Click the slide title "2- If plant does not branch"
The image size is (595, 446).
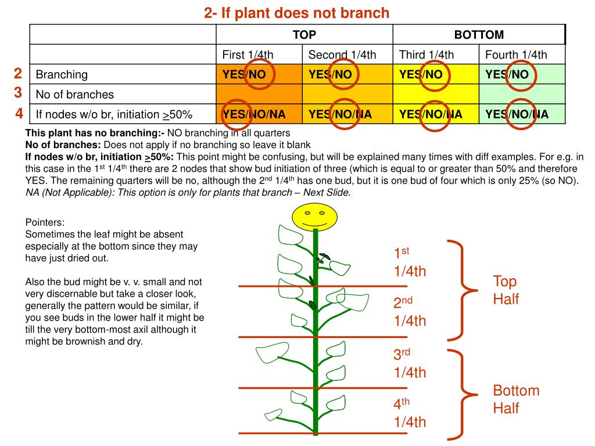(x=296, y=13)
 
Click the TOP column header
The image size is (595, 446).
(x=304, y=35)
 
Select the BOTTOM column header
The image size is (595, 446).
(x=479, y=35)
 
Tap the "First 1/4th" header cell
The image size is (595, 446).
(x=248, y=55)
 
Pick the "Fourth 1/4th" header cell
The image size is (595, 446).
(x=516, y=55)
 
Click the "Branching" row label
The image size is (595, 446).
(x=62, y=74)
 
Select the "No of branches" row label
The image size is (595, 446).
(x=75, y=94)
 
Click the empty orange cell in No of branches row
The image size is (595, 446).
(x=259, y=94)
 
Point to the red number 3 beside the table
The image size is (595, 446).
(x=18, y=93)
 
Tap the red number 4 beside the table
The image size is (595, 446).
(x=19, y=113)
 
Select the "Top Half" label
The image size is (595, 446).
(x=506, y=290)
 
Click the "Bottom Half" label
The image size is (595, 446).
(x=516, y=399)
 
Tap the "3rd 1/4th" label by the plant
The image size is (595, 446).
(x=410, y=364)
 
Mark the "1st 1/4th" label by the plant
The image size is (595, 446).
(x=410, y=262)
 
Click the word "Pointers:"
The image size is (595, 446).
(x=45, y=222)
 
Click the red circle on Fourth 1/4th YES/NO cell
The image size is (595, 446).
(x=519, y=74)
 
